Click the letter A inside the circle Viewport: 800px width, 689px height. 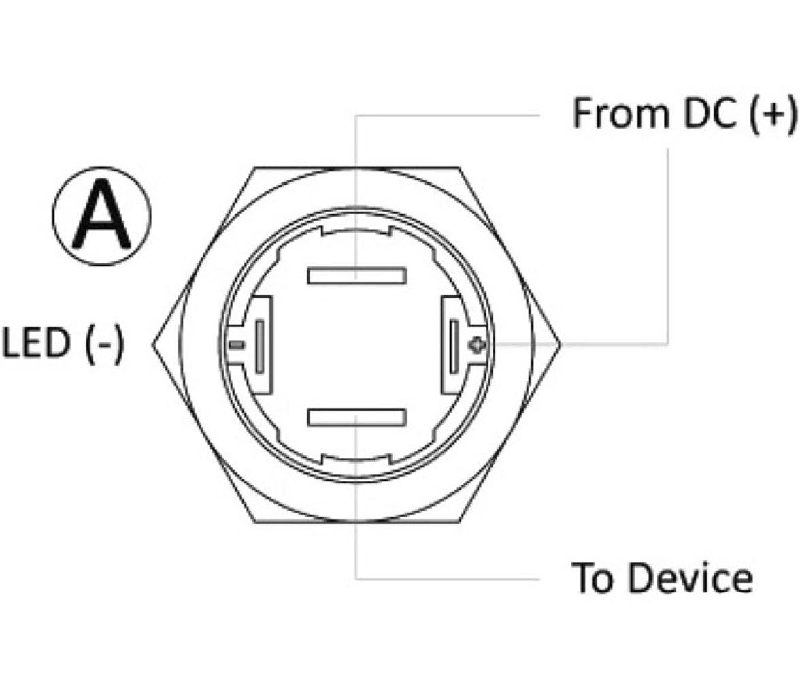point(101,215)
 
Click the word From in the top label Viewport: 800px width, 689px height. point(620,114)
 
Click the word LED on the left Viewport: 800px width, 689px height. point(36,343)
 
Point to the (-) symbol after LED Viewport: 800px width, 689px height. point(105,345)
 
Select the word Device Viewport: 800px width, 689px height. point(690,577)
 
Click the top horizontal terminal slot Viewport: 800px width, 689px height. point(356,275)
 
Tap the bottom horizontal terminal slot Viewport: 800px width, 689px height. point(356,417)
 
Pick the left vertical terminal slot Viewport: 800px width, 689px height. point(260,347)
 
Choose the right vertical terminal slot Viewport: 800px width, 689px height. point(454,347)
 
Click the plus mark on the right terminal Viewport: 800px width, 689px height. point(477,346)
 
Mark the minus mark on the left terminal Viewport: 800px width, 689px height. point(236,346)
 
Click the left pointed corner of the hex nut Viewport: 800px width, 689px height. point(153,344)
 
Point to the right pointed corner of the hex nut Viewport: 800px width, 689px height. point(561,344)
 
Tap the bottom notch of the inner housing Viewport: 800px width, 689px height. point(356,459)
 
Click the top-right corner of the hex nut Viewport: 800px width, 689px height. point(459,167)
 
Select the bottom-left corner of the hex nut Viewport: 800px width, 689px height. point(254,522)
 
